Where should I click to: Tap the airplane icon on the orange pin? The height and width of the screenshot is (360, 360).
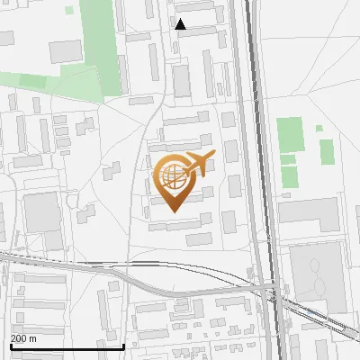199,163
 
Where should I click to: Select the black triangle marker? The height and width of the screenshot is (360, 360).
181,24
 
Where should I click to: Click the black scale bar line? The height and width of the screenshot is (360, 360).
67,346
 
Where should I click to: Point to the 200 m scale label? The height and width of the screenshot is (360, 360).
24,338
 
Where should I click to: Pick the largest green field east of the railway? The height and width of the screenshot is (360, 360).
290,134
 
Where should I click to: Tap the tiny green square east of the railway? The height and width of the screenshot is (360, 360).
319,128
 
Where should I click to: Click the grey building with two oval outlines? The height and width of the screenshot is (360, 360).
317,274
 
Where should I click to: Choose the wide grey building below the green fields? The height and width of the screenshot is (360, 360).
308,213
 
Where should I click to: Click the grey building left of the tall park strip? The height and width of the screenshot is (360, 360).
65,50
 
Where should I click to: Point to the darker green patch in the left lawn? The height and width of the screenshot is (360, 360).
33,82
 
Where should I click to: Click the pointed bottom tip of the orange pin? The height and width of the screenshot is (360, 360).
173,211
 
